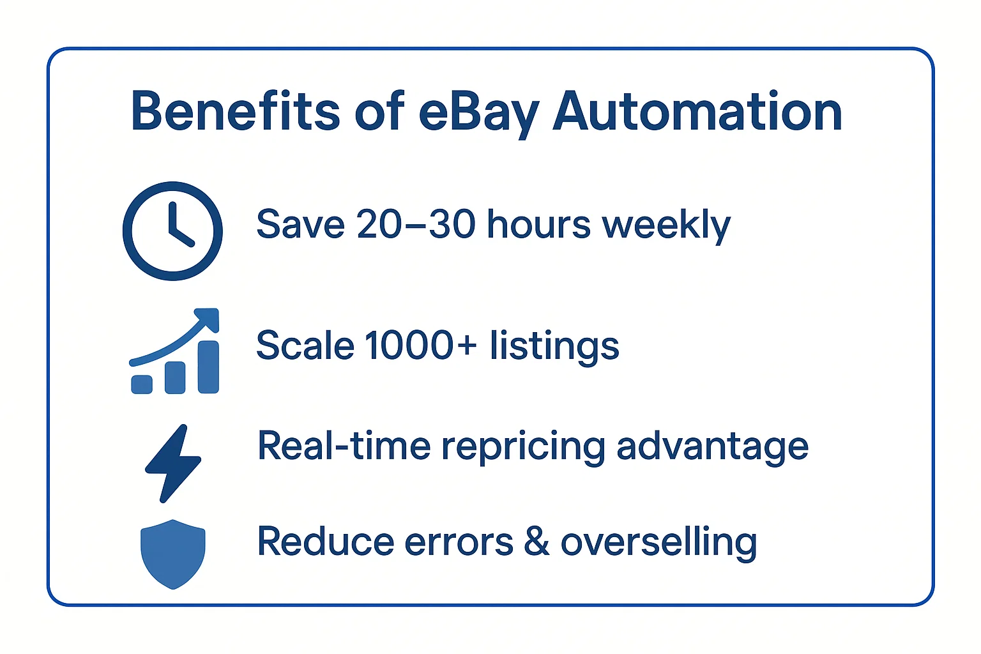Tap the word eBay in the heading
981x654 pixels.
click(x=479, y=113)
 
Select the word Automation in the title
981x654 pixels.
click(x=697, y=112)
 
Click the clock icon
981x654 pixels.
click(x=172, y=231)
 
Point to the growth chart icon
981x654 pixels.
click(x=174, y=351)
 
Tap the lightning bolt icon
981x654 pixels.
click(x=173, y=463)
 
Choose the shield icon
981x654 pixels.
click(x=172, y=554)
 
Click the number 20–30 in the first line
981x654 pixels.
click(x=416, y=224)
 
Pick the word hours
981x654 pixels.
click(x=539, y=224)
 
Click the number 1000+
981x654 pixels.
click(x=420, y=345)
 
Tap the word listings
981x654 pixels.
click(x=554, y=346)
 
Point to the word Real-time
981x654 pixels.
click(x=344, y=445)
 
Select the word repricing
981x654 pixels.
click(x=523, y=447)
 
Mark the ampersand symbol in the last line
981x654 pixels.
click(x=536, y=542)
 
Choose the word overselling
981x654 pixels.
click(x=658, y=542)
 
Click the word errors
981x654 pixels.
click(x=459, y=542)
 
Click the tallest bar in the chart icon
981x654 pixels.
click(x=208, y=367)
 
